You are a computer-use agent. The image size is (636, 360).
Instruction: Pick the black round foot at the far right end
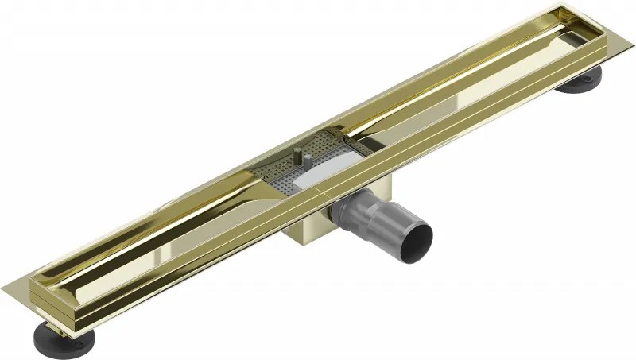(578, 82)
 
